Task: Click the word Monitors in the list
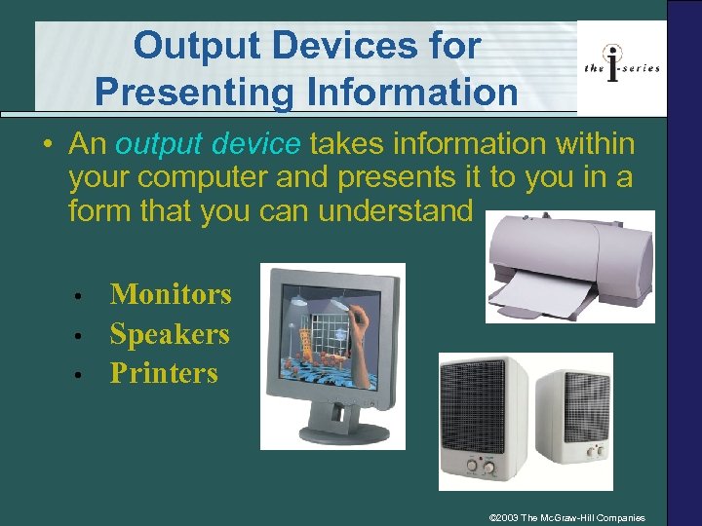pyautogui.click(x=171, y=294)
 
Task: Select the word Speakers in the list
pyautogui.click(x=170, y=334)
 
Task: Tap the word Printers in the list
pyautogui.click(x=164, y=373)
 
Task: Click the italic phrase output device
pyautogui.click(x=208, y=145)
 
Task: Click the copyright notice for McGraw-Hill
pyautogui.click(x=573, y=517)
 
